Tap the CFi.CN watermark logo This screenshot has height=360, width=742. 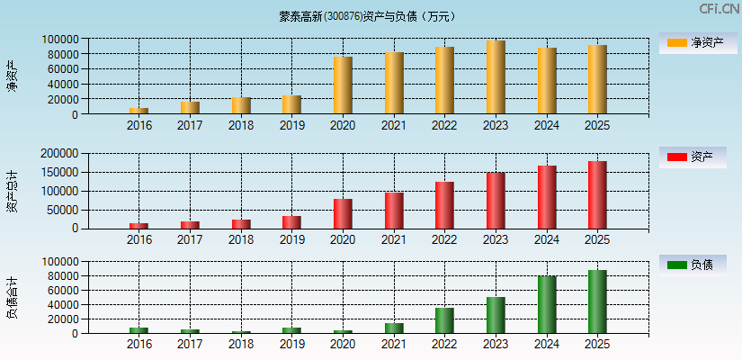719,9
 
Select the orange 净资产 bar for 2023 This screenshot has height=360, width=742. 496,77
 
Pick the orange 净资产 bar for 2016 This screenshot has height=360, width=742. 139,111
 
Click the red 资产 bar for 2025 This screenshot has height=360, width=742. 597,194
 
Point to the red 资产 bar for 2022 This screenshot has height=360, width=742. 444,205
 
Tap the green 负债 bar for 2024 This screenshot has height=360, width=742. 547,304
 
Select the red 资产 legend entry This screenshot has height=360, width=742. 692,157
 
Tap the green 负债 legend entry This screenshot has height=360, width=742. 692,265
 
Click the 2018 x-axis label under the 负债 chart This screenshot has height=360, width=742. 241,345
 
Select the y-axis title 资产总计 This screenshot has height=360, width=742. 12,191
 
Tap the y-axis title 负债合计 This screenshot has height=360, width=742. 12,298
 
